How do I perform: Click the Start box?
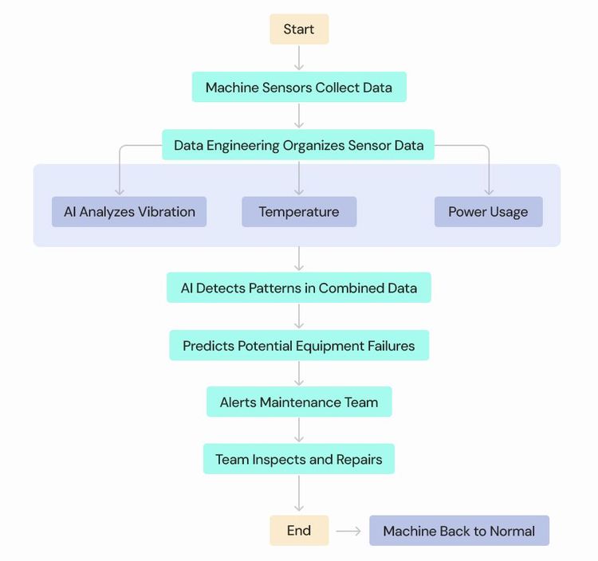(299, 29)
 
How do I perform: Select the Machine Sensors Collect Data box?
(299, 88)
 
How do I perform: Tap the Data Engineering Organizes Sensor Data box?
(299, 145)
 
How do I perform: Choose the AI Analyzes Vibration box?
(129, 212)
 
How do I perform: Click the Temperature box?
(299, 212)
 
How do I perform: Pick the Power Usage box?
(488, 212)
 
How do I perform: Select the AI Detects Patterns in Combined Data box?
(299, 288)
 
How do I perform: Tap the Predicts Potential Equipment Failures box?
(299, 346)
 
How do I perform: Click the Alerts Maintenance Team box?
(299, 402)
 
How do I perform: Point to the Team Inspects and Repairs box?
(299, 460)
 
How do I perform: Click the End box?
(299, 531)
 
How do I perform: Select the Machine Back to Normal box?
(459, 531)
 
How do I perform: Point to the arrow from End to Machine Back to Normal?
(348, 531)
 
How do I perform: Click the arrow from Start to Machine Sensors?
(299, 58)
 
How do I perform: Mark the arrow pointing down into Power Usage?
(489, 179)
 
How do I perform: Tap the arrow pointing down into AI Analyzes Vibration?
(120, 179)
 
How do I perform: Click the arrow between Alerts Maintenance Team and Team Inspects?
(299, 430)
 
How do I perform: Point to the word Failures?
(387, 346)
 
